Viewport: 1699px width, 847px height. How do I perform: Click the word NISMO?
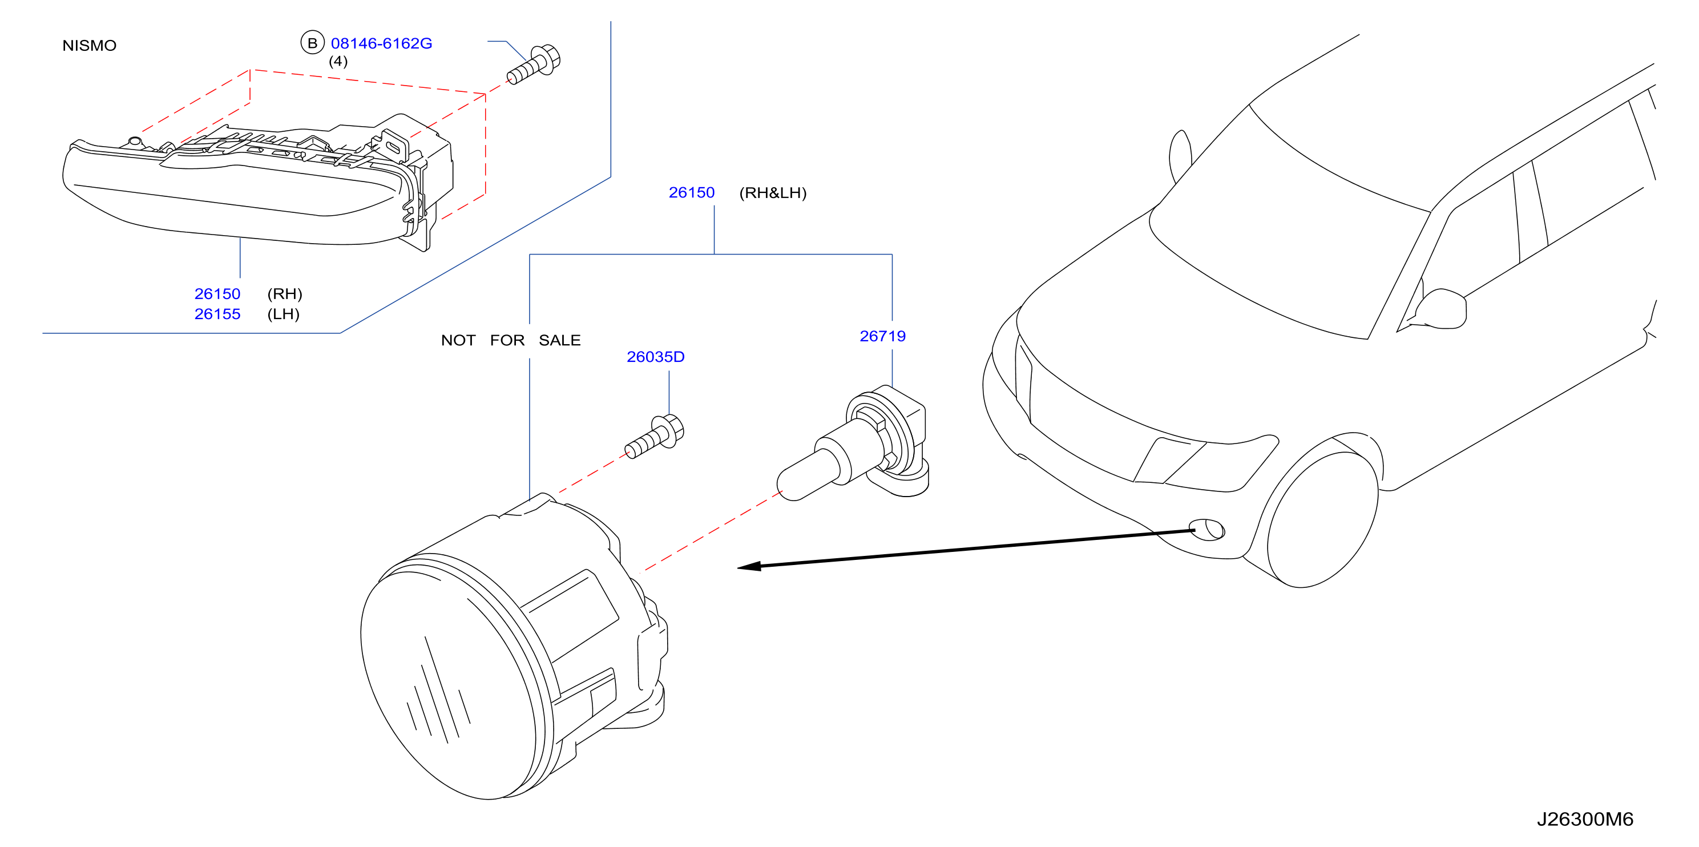(89, 46)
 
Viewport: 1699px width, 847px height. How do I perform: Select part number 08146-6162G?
(381, 43)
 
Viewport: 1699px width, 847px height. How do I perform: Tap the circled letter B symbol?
(312, 42)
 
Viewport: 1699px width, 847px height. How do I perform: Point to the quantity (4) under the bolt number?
(338, 61)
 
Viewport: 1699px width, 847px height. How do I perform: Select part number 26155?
(217, 314)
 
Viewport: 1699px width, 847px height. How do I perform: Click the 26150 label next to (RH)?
(217, 293)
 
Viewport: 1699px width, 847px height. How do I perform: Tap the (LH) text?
(284, 314)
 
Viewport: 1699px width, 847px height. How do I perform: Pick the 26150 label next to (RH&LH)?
(691, 192)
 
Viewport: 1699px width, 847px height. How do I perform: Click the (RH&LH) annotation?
(772, 192)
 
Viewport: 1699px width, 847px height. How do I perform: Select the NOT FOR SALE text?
(510, 340)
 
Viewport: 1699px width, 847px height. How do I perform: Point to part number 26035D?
(655, 357)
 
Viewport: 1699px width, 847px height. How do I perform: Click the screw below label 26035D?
(654, 436)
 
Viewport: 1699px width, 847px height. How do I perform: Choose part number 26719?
(882, 336)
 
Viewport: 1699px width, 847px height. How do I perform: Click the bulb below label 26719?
(853, 443)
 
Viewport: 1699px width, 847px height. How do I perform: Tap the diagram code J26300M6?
(1584, 818)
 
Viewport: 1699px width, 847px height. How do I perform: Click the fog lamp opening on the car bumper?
(1207, 529)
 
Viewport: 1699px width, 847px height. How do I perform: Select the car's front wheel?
(1322, 518)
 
